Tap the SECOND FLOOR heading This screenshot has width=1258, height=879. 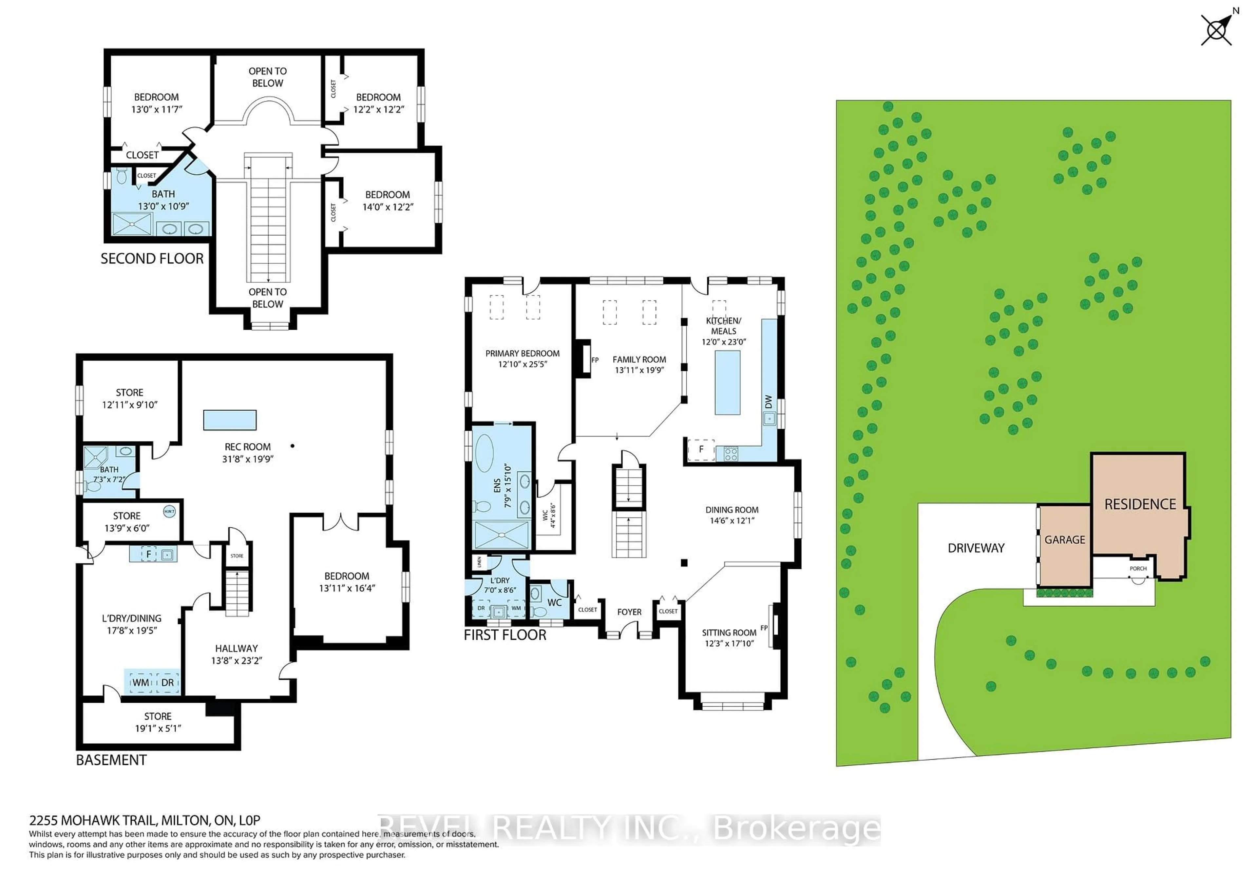152,259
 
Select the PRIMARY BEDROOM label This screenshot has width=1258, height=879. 522,353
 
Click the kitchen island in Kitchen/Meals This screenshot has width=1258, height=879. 727,382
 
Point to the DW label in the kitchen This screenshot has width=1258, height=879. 768,402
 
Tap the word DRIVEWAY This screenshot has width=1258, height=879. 976,548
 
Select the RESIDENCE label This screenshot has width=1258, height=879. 1140,504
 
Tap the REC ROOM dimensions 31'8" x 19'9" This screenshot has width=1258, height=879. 248,459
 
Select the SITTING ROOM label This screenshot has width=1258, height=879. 729,633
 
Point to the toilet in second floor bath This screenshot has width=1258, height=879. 122,176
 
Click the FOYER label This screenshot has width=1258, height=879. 629,612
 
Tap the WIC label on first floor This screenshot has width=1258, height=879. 545,515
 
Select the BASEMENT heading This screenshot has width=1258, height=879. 111,760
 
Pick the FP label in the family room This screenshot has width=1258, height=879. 595,360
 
